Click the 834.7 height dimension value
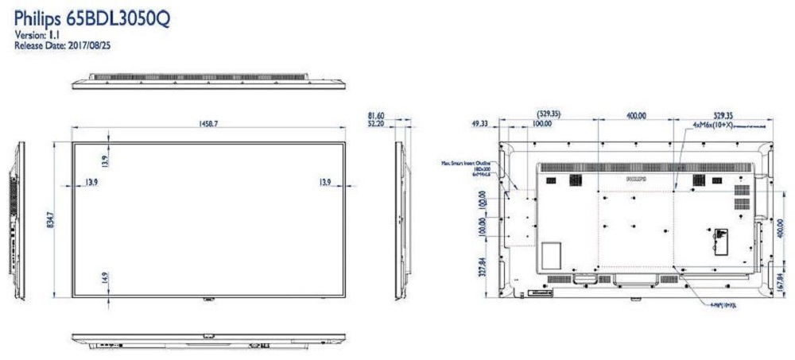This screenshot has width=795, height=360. [x=49, y=215]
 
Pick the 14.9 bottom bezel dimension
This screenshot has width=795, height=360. [x=105, y=278]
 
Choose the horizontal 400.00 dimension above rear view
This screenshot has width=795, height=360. [x=635, y=116]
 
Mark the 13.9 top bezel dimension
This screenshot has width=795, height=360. [x=105, y=160]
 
